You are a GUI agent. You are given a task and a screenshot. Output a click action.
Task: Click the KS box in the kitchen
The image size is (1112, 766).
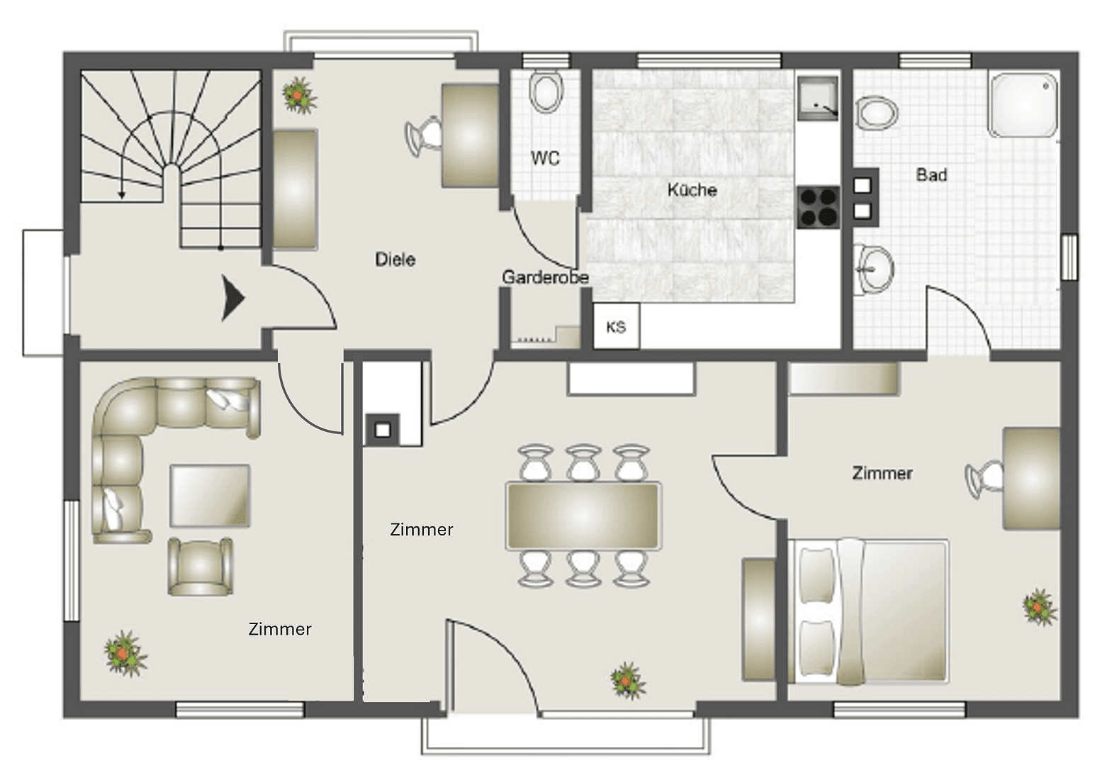pos(616,326)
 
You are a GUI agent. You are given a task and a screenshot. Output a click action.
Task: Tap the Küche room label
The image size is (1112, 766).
pos(692,190)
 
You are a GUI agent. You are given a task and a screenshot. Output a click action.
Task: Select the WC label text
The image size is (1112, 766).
pos(545,158)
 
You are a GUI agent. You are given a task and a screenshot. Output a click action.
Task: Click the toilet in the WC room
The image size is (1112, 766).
pos(546,93)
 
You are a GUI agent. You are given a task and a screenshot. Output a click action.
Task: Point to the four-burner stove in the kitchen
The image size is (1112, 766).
pos(818,207)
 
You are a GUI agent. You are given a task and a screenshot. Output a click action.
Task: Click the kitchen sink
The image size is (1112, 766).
pos(817,99)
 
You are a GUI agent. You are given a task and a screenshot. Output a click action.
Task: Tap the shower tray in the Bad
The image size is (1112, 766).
pos(1023,104)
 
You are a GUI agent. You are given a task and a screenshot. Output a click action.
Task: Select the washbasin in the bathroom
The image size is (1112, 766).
pos(874,269)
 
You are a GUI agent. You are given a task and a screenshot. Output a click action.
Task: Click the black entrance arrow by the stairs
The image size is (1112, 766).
pos(232,298)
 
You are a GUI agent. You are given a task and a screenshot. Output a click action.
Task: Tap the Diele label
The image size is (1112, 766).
pos(395,260)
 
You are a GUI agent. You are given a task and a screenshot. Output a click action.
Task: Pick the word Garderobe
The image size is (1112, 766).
pos(545,277)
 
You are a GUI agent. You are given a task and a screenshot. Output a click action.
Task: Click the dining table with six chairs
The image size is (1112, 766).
pos(583,516)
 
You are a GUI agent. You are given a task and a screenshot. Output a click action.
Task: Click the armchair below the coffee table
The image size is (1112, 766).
pos(201,566)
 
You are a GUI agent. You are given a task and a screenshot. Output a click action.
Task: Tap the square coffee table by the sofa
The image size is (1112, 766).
pos(210,495)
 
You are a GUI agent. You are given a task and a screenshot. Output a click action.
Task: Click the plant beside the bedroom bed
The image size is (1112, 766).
pos(1039,607)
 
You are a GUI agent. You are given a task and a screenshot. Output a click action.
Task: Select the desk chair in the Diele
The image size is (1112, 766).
pos(423,134)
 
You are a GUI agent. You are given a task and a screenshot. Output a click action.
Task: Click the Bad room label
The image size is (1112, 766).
pos(931,174)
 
